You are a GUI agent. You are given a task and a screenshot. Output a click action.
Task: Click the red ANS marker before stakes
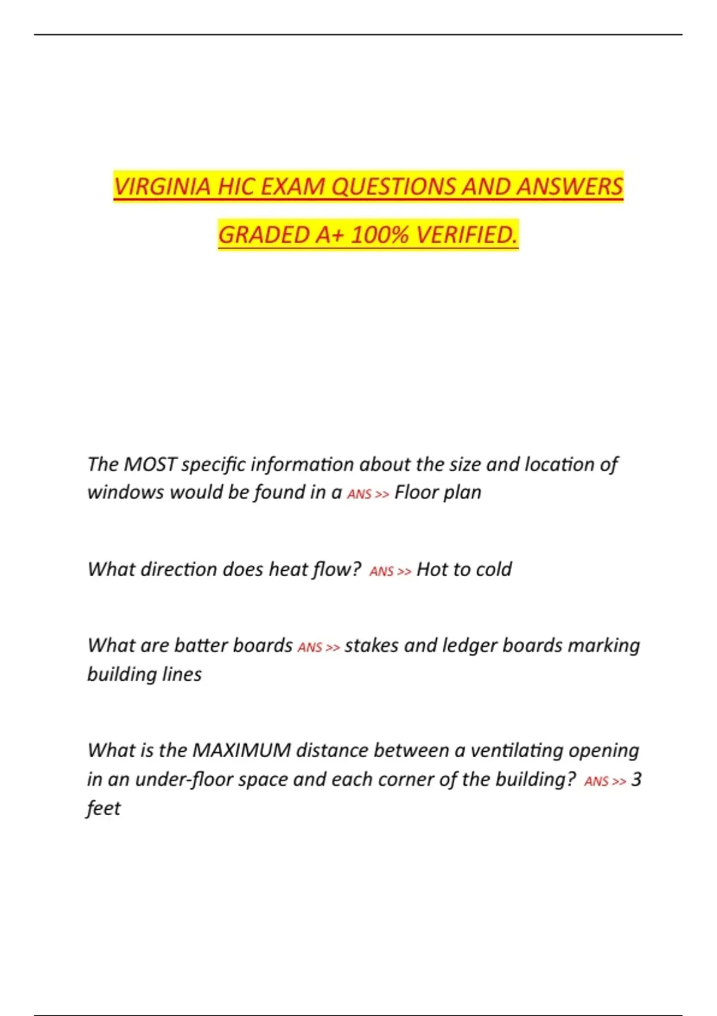310,647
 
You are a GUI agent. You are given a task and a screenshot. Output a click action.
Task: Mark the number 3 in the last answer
636,779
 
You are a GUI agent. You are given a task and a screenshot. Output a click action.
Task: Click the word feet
103,808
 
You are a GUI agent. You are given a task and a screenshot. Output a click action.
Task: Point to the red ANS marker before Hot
382,571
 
